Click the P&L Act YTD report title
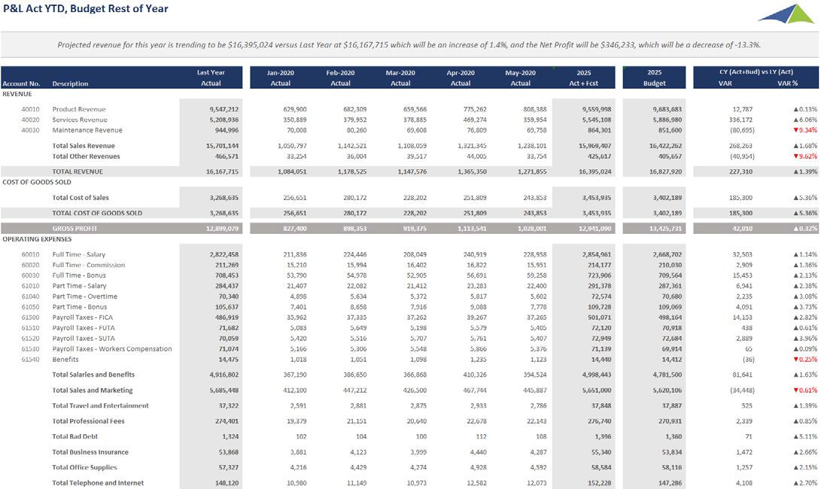85,9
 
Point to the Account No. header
21,84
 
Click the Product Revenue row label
79,109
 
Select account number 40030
30,130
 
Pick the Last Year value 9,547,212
223,109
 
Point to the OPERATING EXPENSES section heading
36,238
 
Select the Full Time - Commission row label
89,265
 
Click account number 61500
30,317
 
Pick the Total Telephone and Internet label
98,483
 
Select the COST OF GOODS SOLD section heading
37,182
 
